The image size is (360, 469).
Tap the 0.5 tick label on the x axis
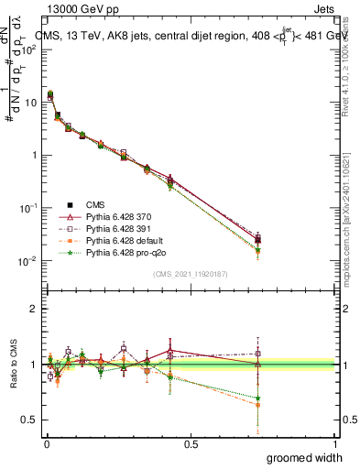tap(191, 444)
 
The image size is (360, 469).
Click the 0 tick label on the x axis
tap(47, 444)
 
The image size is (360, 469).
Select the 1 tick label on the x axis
tap(334, 444)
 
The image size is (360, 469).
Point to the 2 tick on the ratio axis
tap(37, 310)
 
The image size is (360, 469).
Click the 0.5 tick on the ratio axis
tap(32, 420)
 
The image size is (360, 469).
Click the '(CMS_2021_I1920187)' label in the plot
tap(191, 274)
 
